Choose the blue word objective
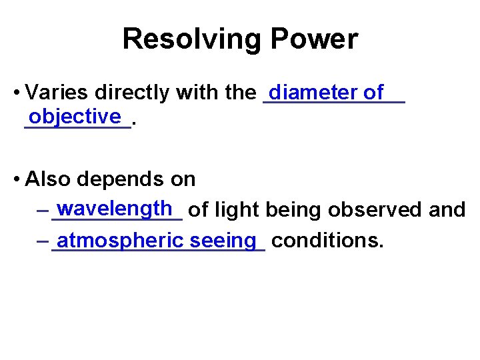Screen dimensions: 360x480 pos(75,116)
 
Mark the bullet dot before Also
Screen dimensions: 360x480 pos(16,179)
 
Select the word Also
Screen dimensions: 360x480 pos(49,179)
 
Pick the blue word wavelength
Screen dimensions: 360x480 pos(115,209)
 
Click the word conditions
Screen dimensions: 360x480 pos(328,240)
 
